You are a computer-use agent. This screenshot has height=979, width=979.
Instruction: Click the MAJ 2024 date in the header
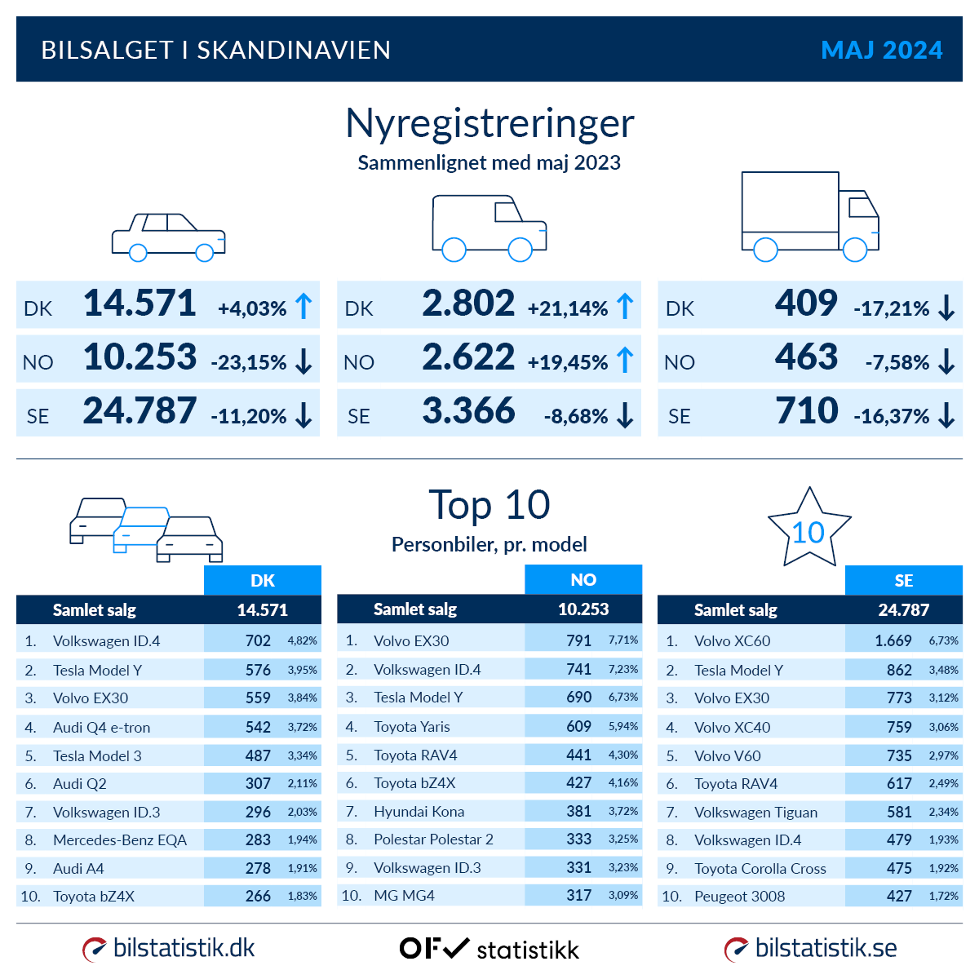[x=881, y=50]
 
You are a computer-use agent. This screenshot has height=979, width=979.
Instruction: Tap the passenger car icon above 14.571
[x=168, y=237]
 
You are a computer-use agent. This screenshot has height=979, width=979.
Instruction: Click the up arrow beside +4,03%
[x=303, y=307]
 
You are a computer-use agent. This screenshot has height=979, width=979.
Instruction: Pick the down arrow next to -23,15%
[x=303, y=361]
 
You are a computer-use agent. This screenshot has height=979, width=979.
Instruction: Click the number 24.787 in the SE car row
[x=140, y=410]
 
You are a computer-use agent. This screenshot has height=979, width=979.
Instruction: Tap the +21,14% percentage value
[x=568, y=309]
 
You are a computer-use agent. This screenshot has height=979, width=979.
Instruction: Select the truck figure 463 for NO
[x=806, y=357]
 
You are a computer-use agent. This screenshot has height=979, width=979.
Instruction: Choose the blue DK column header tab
[x=263, y=581]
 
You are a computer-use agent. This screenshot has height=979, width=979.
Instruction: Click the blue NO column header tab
[x=583, y=580]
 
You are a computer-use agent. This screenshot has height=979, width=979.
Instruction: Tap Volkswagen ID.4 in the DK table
[x=106, y=641]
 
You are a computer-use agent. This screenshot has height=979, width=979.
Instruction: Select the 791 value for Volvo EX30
[x=578, y=640]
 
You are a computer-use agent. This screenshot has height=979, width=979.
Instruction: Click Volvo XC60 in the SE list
[x=732, y=641]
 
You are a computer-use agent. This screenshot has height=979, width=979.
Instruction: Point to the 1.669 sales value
[x=893, y=641]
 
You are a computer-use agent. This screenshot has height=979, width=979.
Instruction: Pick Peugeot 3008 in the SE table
[x=739, y=897]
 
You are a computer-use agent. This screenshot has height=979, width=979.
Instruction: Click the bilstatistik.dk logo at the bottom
[x=169, y=949]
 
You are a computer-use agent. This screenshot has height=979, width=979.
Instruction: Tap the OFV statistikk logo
[x=489, y=949]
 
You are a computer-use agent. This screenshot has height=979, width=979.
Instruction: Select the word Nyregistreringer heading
[x=489, y=124]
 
